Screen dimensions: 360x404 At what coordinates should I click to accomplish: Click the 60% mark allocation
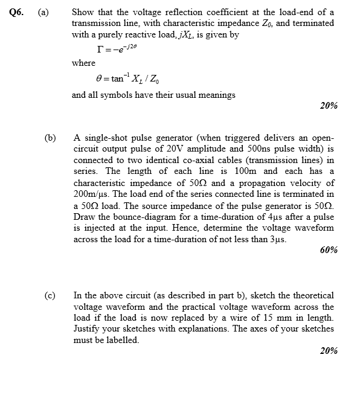point(328,250)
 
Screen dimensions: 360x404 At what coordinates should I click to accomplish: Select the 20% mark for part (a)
point(328,106)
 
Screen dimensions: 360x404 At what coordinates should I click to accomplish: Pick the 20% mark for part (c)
point(328,351)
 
